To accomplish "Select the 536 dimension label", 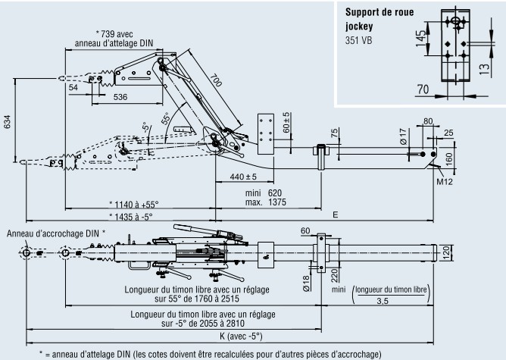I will click(x=120, y=97).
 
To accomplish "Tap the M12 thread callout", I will click(x=446, y=180).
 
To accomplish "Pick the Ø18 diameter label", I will click(x=305, y=282).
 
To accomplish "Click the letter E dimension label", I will click(x=334, y=215).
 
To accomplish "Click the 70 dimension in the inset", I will click(x=421, y=89).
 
